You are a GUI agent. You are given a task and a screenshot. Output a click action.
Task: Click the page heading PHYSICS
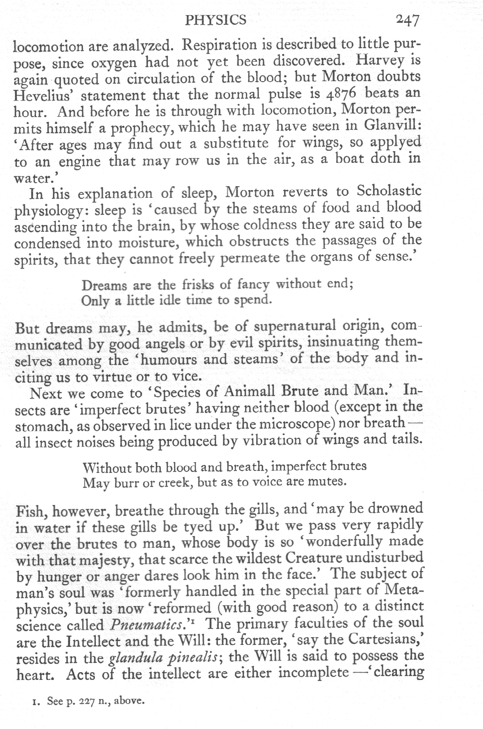(x=216, y=20)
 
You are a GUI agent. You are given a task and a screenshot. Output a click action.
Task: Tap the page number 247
(x=407, y=20)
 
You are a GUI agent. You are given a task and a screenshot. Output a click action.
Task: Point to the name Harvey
(x=381, y=61)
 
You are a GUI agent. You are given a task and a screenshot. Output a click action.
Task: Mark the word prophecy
(x=147, y=128)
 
